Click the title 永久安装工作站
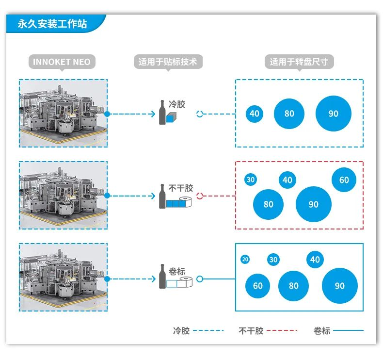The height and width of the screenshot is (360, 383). pos(52,24)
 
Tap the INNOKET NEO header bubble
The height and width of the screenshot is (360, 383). pos(62,62)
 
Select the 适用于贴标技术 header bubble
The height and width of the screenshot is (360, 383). pos(168,62)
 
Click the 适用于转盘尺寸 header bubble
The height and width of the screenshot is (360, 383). pos(299,62)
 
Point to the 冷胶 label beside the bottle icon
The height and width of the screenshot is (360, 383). pos(177,104)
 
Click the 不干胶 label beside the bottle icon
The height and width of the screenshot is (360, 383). pos(181,188)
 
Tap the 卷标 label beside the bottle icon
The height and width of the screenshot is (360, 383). pos(177,271)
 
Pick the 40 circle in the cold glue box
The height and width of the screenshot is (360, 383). pos(255,114)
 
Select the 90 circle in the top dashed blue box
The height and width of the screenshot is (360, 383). pos(334,114)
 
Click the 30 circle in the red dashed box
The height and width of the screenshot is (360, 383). pos(251,180)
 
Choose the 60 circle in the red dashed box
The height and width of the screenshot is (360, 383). pos(344,180)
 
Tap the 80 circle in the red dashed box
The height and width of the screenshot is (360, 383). pos(268,204)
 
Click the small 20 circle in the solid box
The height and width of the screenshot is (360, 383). pos(245,259)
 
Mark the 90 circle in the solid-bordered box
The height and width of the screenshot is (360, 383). pos(340,286)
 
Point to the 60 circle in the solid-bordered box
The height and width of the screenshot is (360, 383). pos(258,286)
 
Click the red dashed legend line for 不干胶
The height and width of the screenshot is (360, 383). pos(282,330)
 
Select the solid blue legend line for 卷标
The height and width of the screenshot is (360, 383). pos(348,330)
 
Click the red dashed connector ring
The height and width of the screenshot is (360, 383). pos(200,196)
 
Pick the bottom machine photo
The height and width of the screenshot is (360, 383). pos(63,277)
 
